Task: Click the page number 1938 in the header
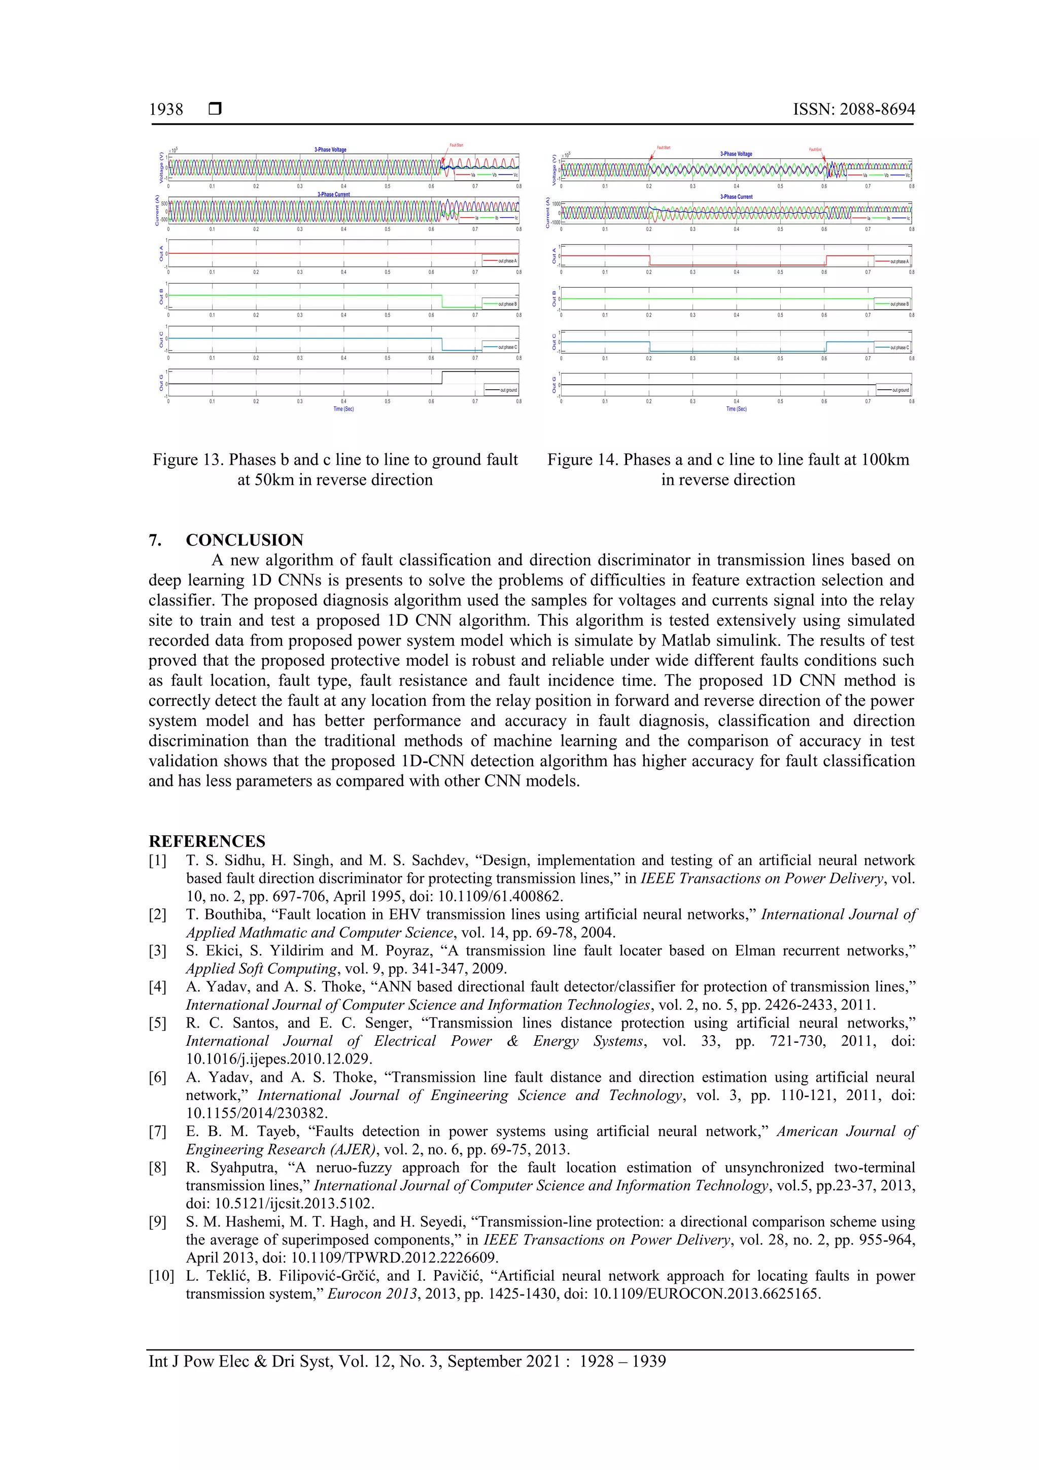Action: pos(166,110)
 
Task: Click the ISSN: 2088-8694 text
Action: pos(853,110)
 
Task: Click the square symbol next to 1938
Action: pos(215,110)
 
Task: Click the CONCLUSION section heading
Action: pos(244,540)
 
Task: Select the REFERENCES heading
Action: pos(207,841)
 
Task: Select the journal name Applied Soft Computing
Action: pos(261,969)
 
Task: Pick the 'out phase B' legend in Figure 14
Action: pos(899,304)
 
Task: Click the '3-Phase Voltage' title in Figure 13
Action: pos(330,150)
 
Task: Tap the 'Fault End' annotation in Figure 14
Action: pos(815,150)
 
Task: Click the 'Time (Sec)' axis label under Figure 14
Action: pos(736,408)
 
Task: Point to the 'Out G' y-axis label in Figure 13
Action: pos(161,383)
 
